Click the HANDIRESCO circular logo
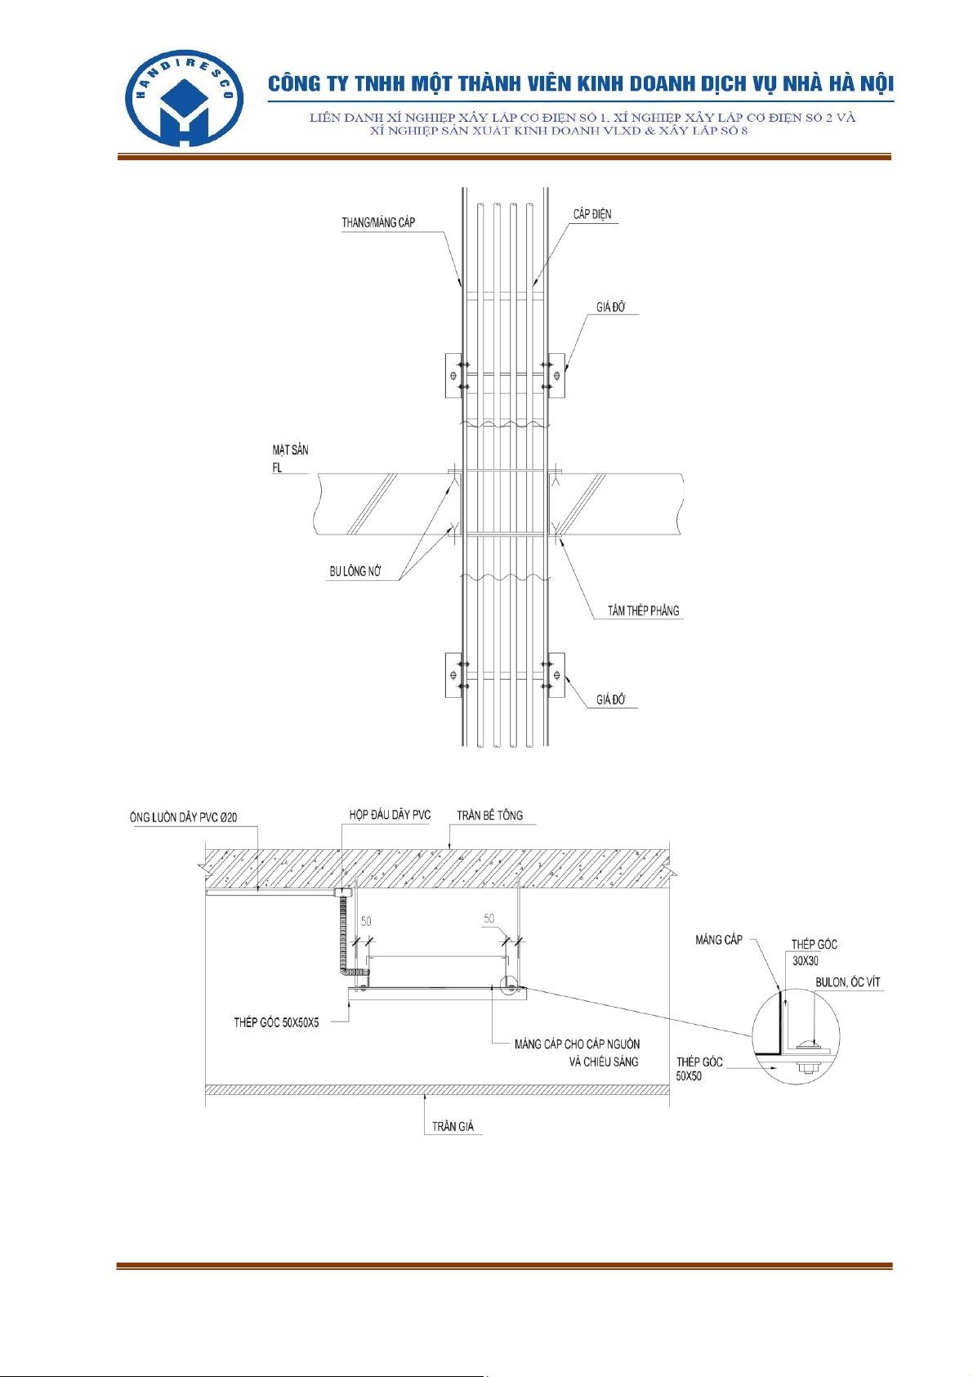[184, 98]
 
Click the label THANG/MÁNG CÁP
[378, 222]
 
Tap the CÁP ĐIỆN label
[592, 213]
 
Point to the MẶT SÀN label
[290, 450]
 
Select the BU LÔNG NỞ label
[355, 571]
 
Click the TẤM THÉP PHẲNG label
[644, 610]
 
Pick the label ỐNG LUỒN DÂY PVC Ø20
[183, 817]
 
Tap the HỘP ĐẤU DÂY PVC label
[390, 815]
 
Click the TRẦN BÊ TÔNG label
[489, 815]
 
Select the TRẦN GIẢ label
[453, 1126]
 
